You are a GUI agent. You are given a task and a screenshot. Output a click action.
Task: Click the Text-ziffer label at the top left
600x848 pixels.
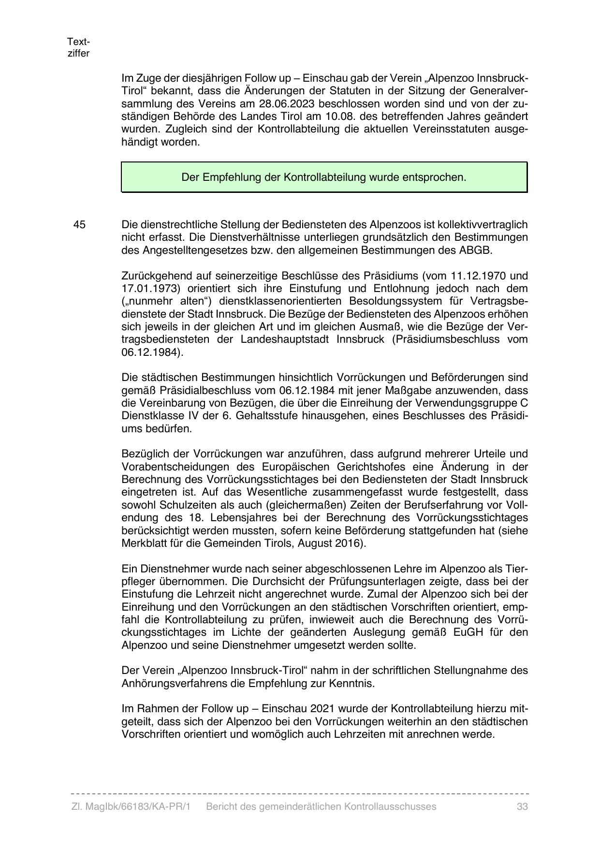(x=78, y=47)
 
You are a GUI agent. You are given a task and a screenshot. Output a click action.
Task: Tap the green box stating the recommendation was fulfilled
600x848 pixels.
(x=324, y=177)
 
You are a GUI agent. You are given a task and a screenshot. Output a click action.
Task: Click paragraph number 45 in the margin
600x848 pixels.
(x=80, y=225)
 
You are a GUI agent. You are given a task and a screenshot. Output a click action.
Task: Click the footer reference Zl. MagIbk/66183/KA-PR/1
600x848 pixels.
(x=131, y=806)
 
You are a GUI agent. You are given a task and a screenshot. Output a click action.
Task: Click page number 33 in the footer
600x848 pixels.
(x=522, y=806)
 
